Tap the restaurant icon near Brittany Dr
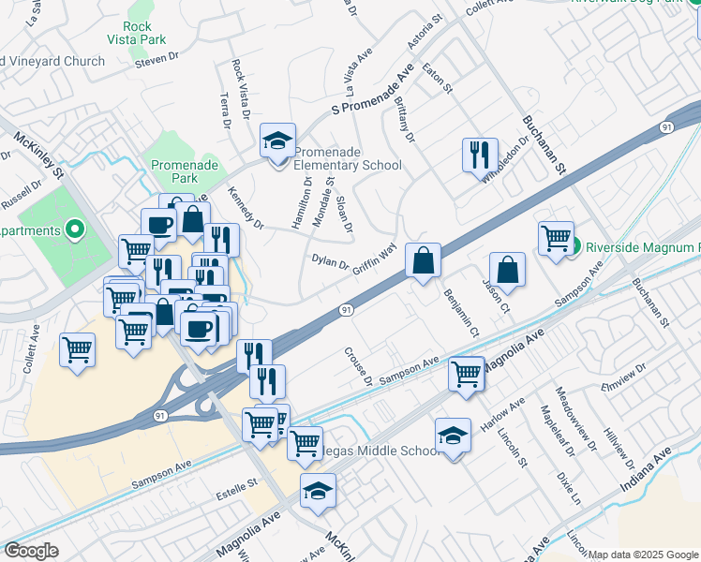pos(480,155)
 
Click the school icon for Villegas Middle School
pos(453,436)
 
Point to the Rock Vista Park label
pos(143,33)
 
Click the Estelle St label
pos(237,487)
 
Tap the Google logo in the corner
pos(31,551)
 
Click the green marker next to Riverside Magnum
pos(577,247)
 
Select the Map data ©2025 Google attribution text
pos(643,555)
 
